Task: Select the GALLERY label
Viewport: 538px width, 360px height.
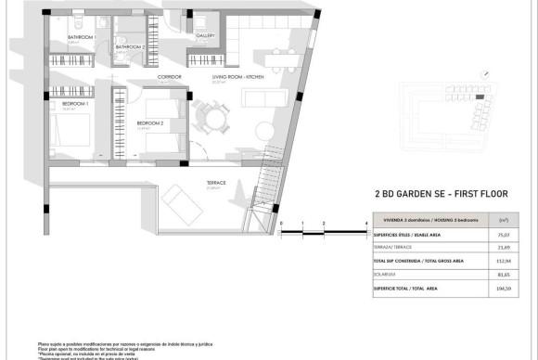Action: click(206, 36)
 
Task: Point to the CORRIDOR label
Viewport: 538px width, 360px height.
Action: click(169, 77)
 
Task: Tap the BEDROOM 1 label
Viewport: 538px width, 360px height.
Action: click(75, 105)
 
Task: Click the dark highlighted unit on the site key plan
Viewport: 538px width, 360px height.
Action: click(479, 96)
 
